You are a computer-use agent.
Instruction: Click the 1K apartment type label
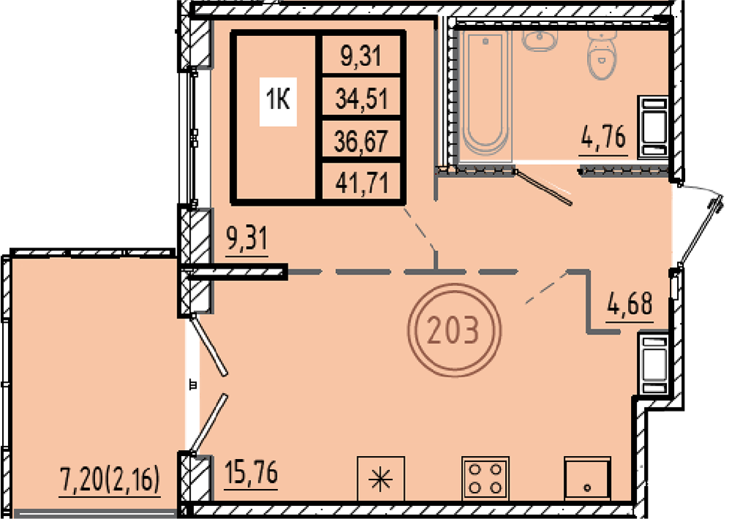(x=278, y=100)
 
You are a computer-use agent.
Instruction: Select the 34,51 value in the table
(x=362, y=99)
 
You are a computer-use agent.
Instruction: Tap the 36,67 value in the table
(x=362, y=141)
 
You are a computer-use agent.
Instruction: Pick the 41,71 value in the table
(x=362, y=182)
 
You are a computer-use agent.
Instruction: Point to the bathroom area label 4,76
(x=603, y=137)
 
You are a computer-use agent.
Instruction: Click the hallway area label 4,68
(x=630, y=303)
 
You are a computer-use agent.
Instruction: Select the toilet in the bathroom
(x=602, y=53)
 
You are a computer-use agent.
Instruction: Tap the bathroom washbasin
(x=540, y=40)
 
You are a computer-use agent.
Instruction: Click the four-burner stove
(x=485, y=478)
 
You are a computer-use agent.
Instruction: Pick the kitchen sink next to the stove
(x=587, y=478)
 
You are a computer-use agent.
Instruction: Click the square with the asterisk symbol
(x=381, y=479)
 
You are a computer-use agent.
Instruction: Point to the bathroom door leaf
(x=543, y=187)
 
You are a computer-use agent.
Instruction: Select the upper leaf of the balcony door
(x=209, y=345)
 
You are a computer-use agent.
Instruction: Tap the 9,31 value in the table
(x=361, y=56)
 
